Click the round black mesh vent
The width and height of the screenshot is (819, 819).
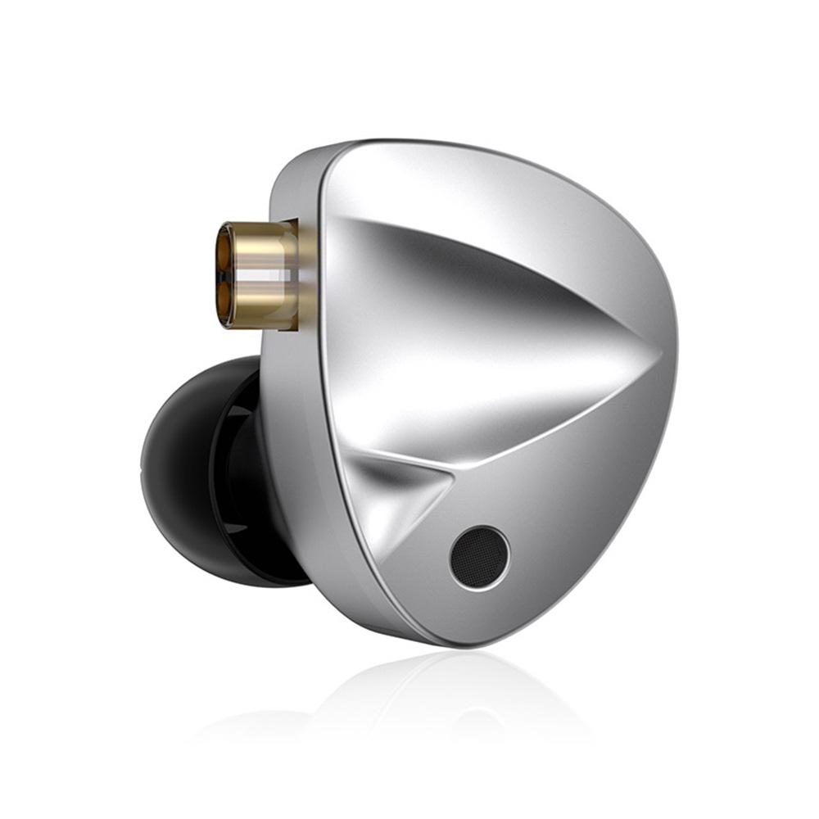pyautogui.click(x=479, y=558)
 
